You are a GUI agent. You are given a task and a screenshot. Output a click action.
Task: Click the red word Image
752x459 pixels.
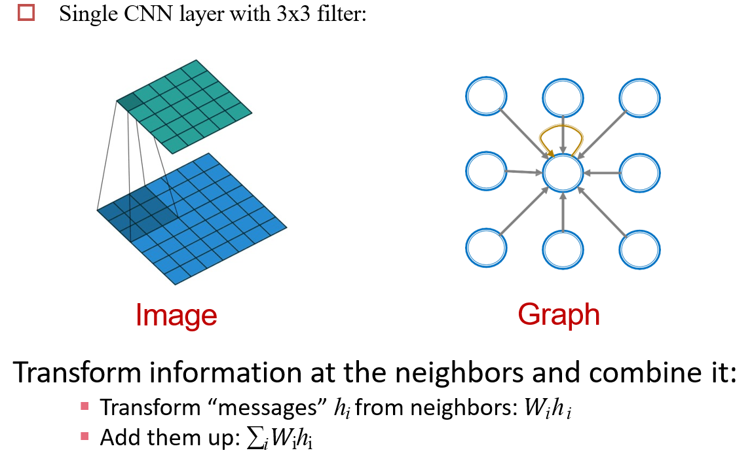(176, 315)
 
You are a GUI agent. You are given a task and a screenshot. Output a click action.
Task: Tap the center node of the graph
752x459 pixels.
(563, 173)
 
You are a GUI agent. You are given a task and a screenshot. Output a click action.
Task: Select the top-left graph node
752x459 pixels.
(486, 96)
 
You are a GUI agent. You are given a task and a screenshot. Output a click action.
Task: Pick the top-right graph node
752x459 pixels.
(639, 96)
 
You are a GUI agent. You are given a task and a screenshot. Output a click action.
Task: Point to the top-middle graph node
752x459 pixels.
(563, 96)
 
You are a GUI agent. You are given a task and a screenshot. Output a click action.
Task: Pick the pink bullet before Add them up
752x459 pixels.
(85, 435)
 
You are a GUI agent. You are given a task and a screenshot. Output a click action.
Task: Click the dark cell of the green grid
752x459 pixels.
(129, 102)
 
